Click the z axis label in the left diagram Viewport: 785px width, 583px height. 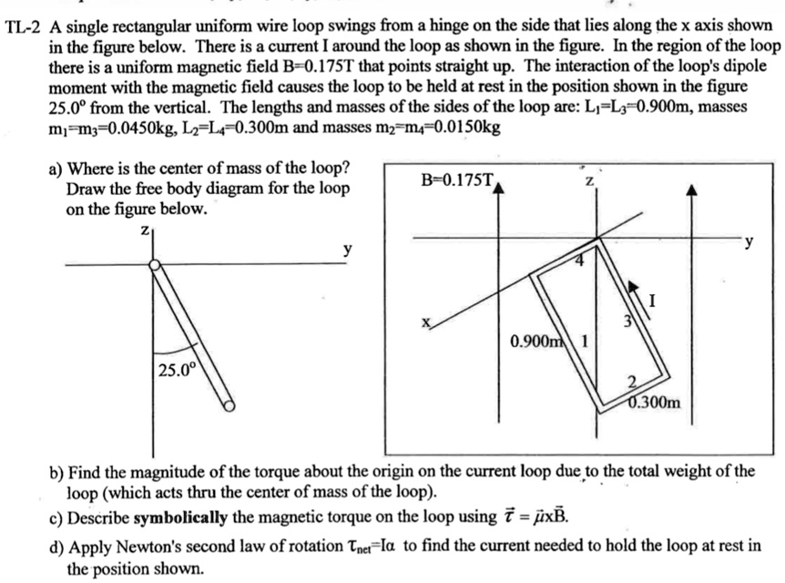(143, 232)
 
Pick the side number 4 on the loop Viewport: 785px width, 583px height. (576, 261)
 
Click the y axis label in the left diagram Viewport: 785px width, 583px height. (347, 249)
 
